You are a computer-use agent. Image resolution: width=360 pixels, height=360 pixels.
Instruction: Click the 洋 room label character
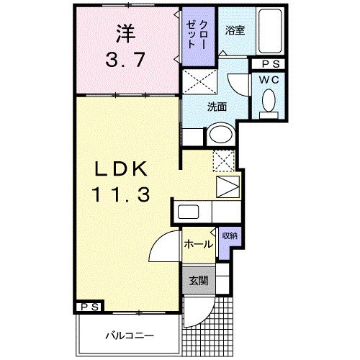coord(126,32)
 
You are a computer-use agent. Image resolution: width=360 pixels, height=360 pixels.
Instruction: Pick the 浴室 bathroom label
coord(235,30)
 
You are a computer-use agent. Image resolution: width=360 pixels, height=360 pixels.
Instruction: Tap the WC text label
coord(271,78)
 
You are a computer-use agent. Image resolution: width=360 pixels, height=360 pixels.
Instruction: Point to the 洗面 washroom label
coord(217,107)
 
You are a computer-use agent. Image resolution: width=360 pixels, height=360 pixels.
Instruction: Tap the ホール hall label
coord(198,244)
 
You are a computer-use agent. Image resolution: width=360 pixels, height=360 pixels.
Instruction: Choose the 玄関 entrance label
coord(198,281)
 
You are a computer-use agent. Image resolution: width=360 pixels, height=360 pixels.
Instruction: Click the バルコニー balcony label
coord(128,335)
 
